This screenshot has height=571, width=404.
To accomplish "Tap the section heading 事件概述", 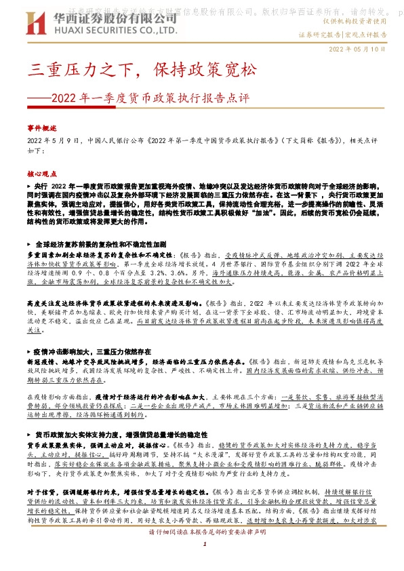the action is pyautogui.click(x=42, y=127).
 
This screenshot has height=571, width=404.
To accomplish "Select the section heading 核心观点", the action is pyautogui.click(x=42, y=174).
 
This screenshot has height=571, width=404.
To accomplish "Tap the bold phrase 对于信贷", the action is pyautogui.click(x=39, y=510).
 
